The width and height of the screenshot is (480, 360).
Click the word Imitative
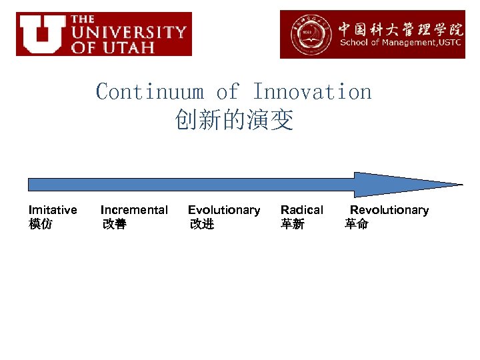coord(53,210)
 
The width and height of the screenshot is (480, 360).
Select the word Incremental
coord(134,210)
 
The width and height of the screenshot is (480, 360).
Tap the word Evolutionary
coord(224,210)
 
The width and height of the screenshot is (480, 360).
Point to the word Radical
coord(301,210)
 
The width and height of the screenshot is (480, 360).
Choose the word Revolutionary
coord(389,210)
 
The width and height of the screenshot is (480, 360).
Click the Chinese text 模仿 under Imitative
coord(41,225)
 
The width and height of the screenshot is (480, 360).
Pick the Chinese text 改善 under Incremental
coord(114,225)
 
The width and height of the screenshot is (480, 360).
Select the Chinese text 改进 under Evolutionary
coord(202,225)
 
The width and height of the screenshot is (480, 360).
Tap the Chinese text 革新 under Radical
coord(293,225)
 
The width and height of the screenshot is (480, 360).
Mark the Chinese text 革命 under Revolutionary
coord(356,225)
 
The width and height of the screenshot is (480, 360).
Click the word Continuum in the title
coord(149,91)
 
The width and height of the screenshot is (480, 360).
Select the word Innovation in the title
coord(312,91)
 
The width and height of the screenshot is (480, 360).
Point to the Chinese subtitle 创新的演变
coord(234,121)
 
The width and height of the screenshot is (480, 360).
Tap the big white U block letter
coord(41,34)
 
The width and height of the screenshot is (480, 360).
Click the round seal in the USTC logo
coord(307,33)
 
